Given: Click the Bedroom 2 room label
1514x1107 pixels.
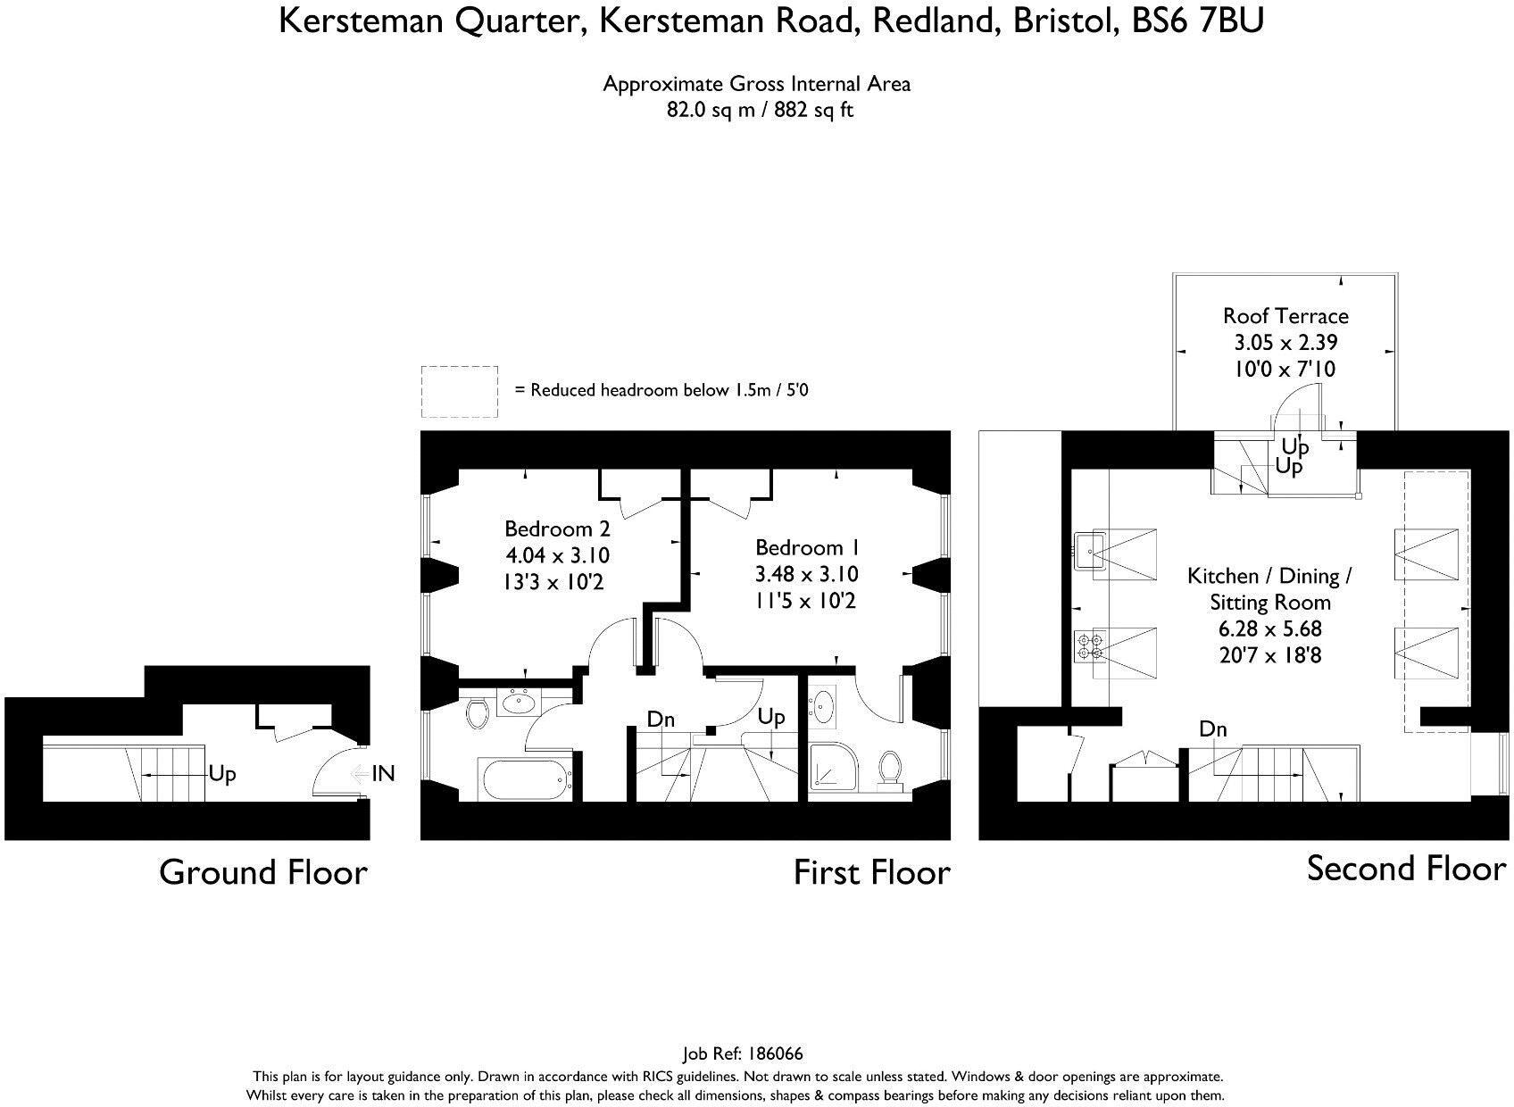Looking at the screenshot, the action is [x=557, y=529].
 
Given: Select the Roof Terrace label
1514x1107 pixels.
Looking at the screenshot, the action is [x=1285, y=316].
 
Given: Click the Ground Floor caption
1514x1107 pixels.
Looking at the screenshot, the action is [x=263, y=872].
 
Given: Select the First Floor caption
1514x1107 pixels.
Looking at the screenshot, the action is [x=872, y=872].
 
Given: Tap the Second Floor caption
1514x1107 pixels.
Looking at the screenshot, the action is [x=1407, y=869].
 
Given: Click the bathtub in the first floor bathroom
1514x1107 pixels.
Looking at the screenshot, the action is [x=525, y=779].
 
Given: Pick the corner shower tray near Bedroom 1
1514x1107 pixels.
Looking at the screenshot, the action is [x=834, y=768].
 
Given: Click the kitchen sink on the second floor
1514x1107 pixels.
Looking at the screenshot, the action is [x=1089, y=551].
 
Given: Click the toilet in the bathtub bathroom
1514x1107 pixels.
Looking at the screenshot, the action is [x=477, y=713].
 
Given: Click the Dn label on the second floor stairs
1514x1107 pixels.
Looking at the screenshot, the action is [x=1212, y=729].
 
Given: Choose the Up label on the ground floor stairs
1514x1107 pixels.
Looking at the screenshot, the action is [x=222, y=774].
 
